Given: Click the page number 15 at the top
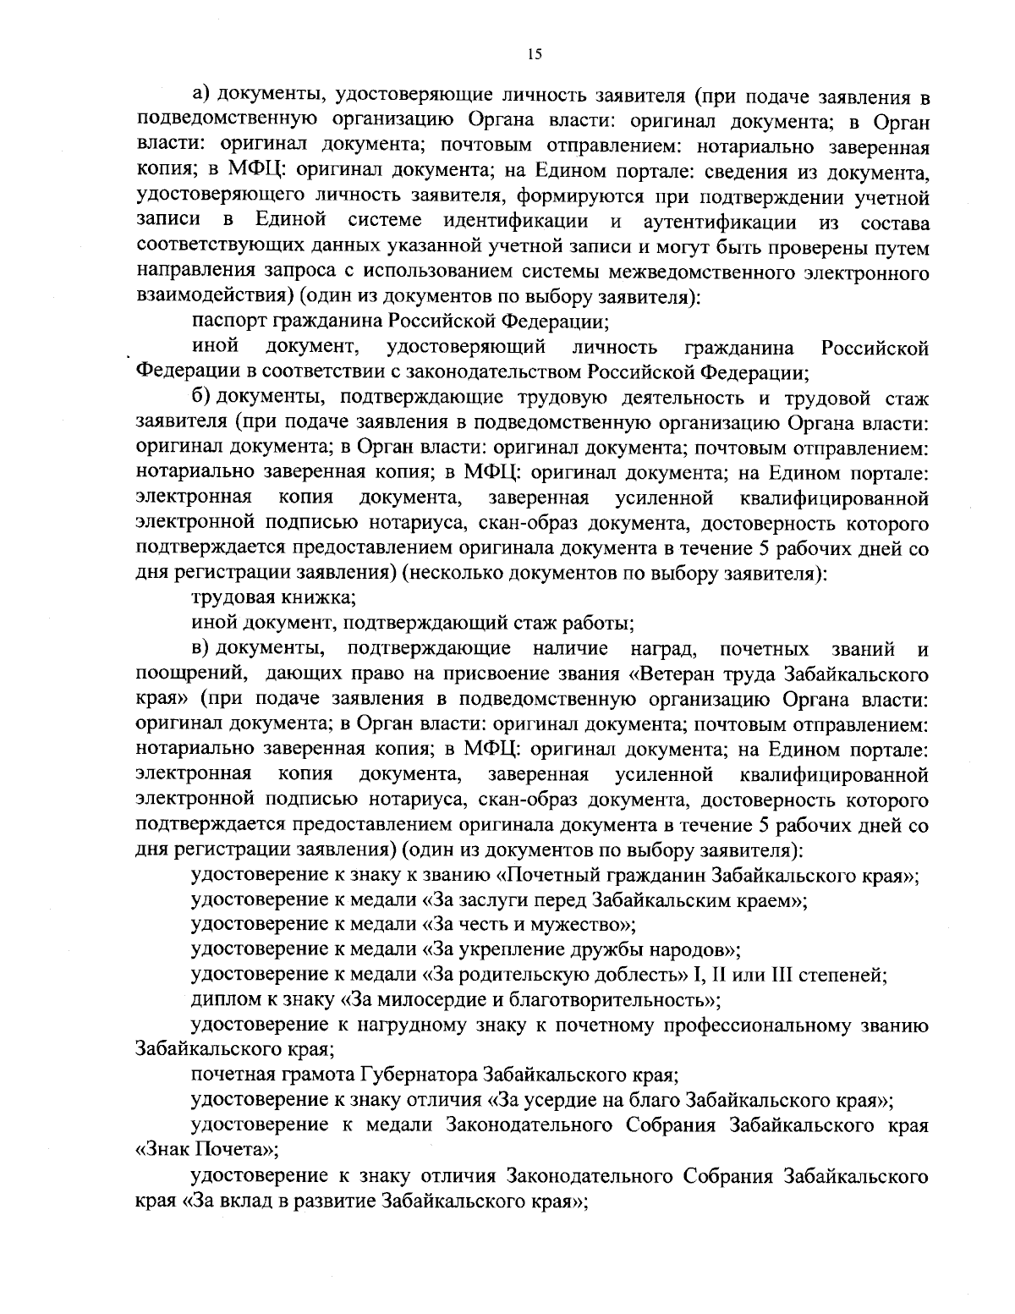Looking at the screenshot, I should pos(534,54).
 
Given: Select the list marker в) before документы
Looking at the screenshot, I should pos(201,650).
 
